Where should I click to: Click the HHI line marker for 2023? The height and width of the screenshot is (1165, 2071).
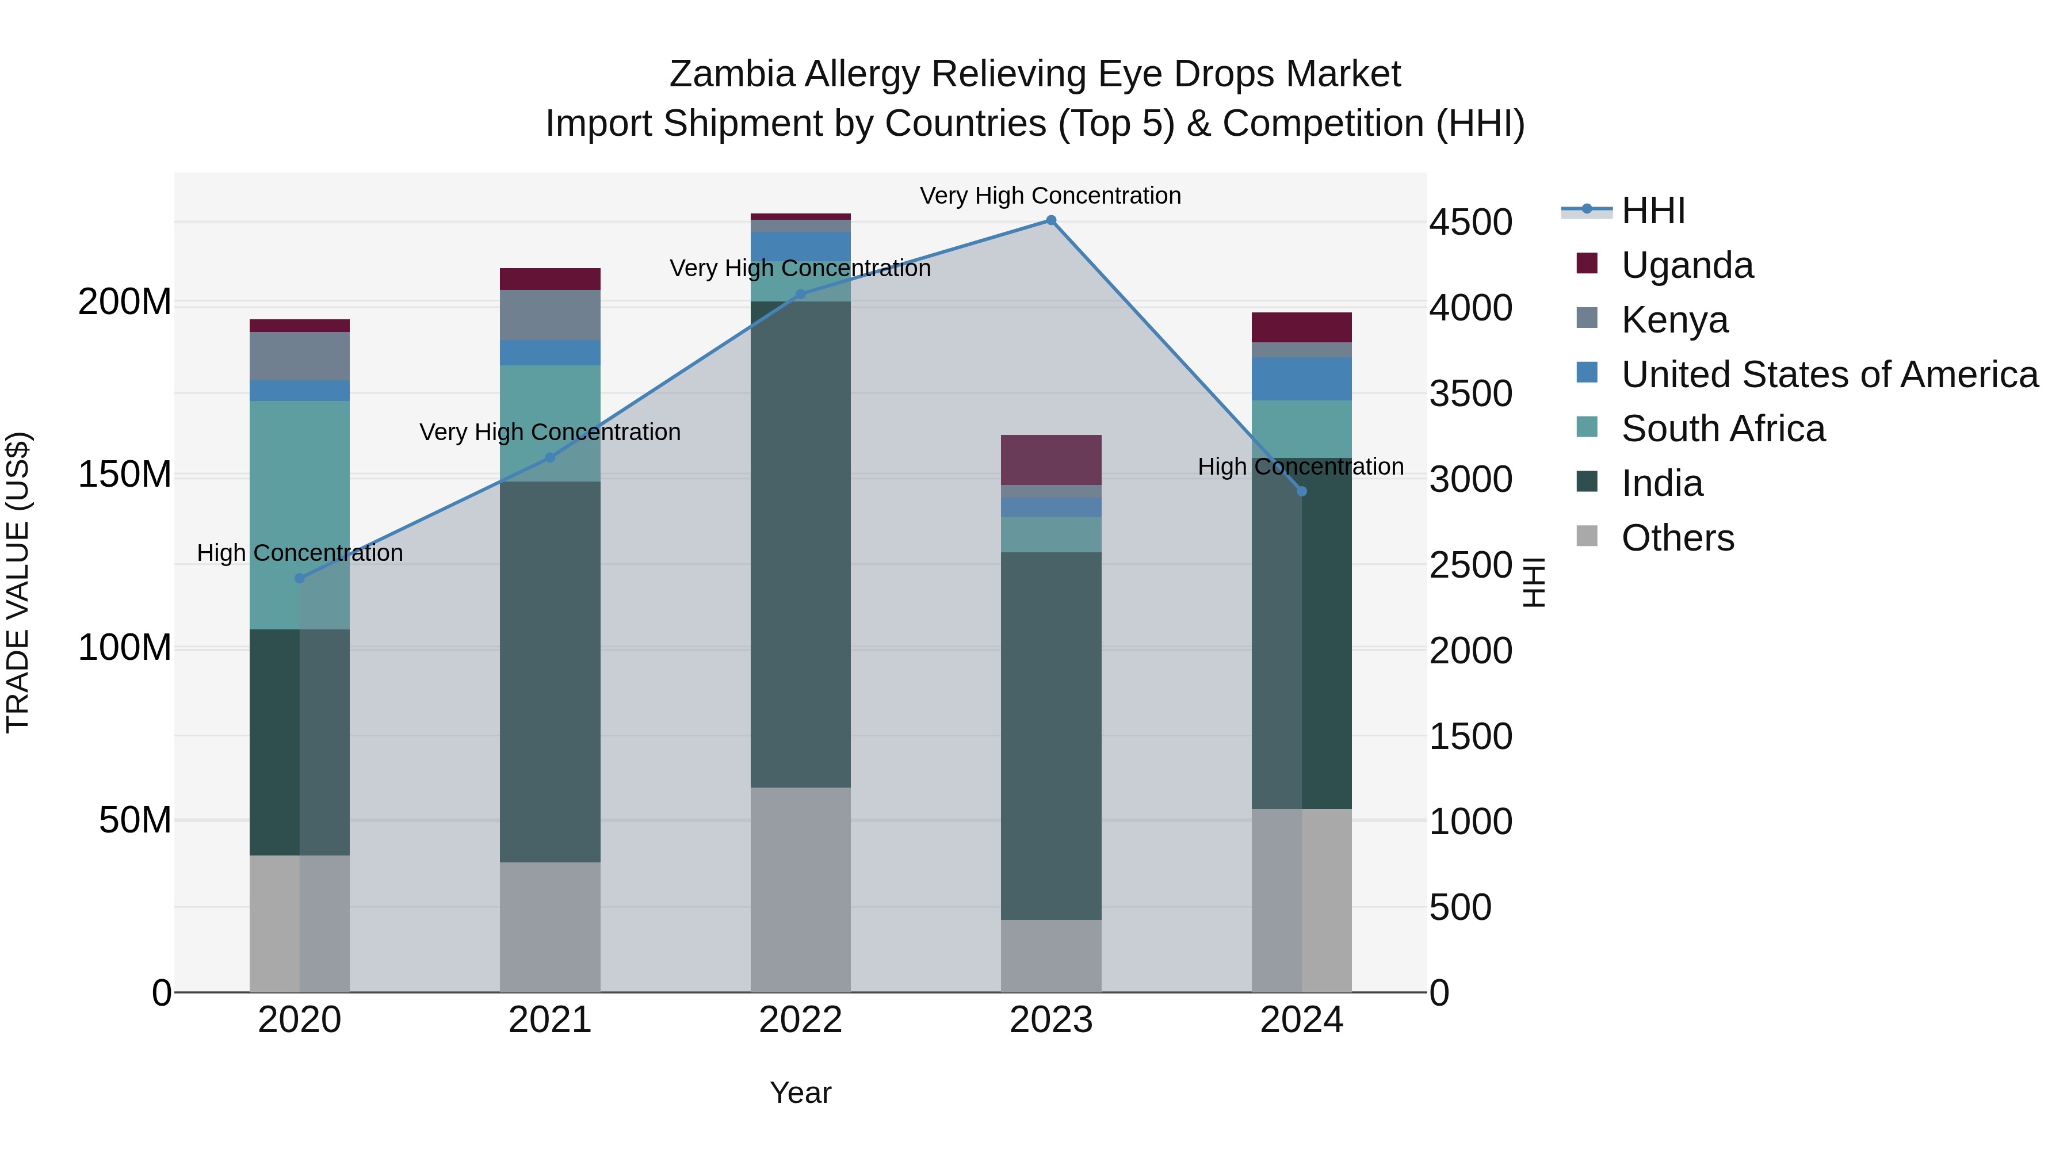coord(1051,220)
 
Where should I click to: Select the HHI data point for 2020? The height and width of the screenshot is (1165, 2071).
coord(300,578)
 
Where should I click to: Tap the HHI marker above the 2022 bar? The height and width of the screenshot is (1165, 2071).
coord(800,294)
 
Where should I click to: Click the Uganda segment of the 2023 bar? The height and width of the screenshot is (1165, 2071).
coord(1051,460)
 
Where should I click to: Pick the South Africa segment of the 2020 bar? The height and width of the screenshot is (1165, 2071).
coord(300,514)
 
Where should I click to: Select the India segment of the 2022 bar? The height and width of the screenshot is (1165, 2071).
coord(800,544)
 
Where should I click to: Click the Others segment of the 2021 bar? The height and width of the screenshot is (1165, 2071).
coord(550,927)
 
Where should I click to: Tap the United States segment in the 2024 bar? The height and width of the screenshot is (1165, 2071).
coord(1302,379)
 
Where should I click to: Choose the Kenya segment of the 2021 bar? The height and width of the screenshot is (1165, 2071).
coord(550,315)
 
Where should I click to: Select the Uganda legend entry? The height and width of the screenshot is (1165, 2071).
coord(1687,265)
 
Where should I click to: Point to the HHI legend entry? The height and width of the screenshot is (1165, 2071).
coord(1653,211)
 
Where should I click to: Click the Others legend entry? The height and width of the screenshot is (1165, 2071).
coord(1677,538)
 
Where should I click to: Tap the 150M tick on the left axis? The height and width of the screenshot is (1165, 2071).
coord(125,475)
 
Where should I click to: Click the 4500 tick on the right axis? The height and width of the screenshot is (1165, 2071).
coord(1470,223)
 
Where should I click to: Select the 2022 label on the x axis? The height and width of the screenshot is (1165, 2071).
coord(800,1020)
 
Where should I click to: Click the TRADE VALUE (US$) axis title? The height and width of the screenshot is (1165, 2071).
coord(18,582)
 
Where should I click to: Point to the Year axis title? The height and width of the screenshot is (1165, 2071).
coord(800,1093)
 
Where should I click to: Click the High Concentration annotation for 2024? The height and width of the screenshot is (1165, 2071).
coord(1300,467)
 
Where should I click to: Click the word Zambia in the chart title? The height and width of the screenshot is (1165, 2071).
coord(732,74)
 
